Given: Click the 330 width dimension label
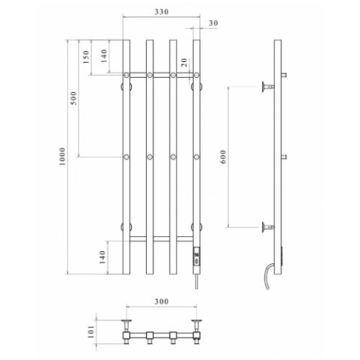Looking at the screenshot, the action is (161, 12).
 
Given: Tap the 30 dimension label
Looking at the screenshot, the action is (213, 23).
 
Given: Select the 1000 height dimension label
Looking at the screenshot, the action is (62, 157).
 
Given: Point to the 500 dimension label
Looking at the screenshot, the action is (74, 98).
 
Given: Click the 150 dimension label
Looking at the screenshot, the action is (86, 57).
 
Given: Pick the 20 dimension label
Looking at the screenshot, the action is (184, 63).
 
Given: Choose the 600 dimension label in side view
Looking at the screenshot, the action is (223, 157).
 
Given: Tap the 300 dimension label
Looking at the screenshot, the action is (161, 302).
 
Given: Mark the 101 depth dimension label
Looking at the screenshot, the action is (91, 332).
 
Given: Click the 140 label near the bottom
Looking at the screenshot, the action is (102, 257).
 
